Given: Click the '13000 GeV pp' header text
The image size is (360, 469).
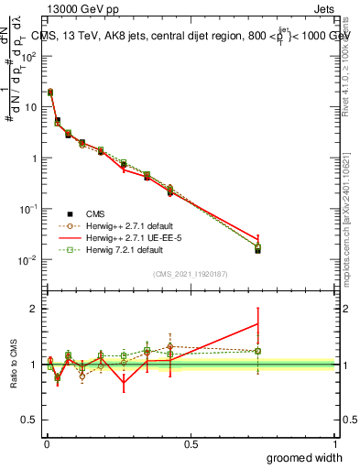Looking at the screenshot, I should (x=79, y=8).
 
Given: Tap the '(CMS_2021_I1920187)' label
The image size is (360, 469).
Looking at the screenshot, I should (x=191, y=272).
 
